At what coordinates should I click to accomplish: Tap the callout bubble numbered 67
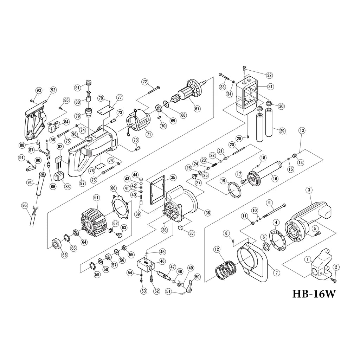(x=197, y=109)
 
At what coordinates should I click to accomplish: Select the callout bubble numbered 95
(x=24, y=205)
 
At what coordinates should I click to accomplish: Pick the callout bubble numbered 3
(x=309, y=190)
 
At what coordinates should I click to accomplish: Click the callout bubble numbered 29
(x=282, y=131)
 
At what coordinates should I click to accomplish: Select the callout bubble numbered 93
(x=39, y=91)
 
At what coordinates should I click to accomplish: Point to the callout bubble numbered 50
(x=197, y=277)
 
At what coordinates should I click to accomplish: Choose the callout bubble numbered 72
(x=144, y=82)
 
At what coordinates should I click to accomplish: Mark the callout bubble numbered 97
(x=82, y=183)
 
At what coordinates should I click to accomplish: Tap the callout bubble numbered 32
(x=269, y=75)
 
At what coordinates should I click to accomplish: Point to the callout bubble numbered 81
(x=77, y=87)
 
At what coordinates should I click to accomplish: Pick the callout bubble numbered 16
(x=275, y=179)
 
